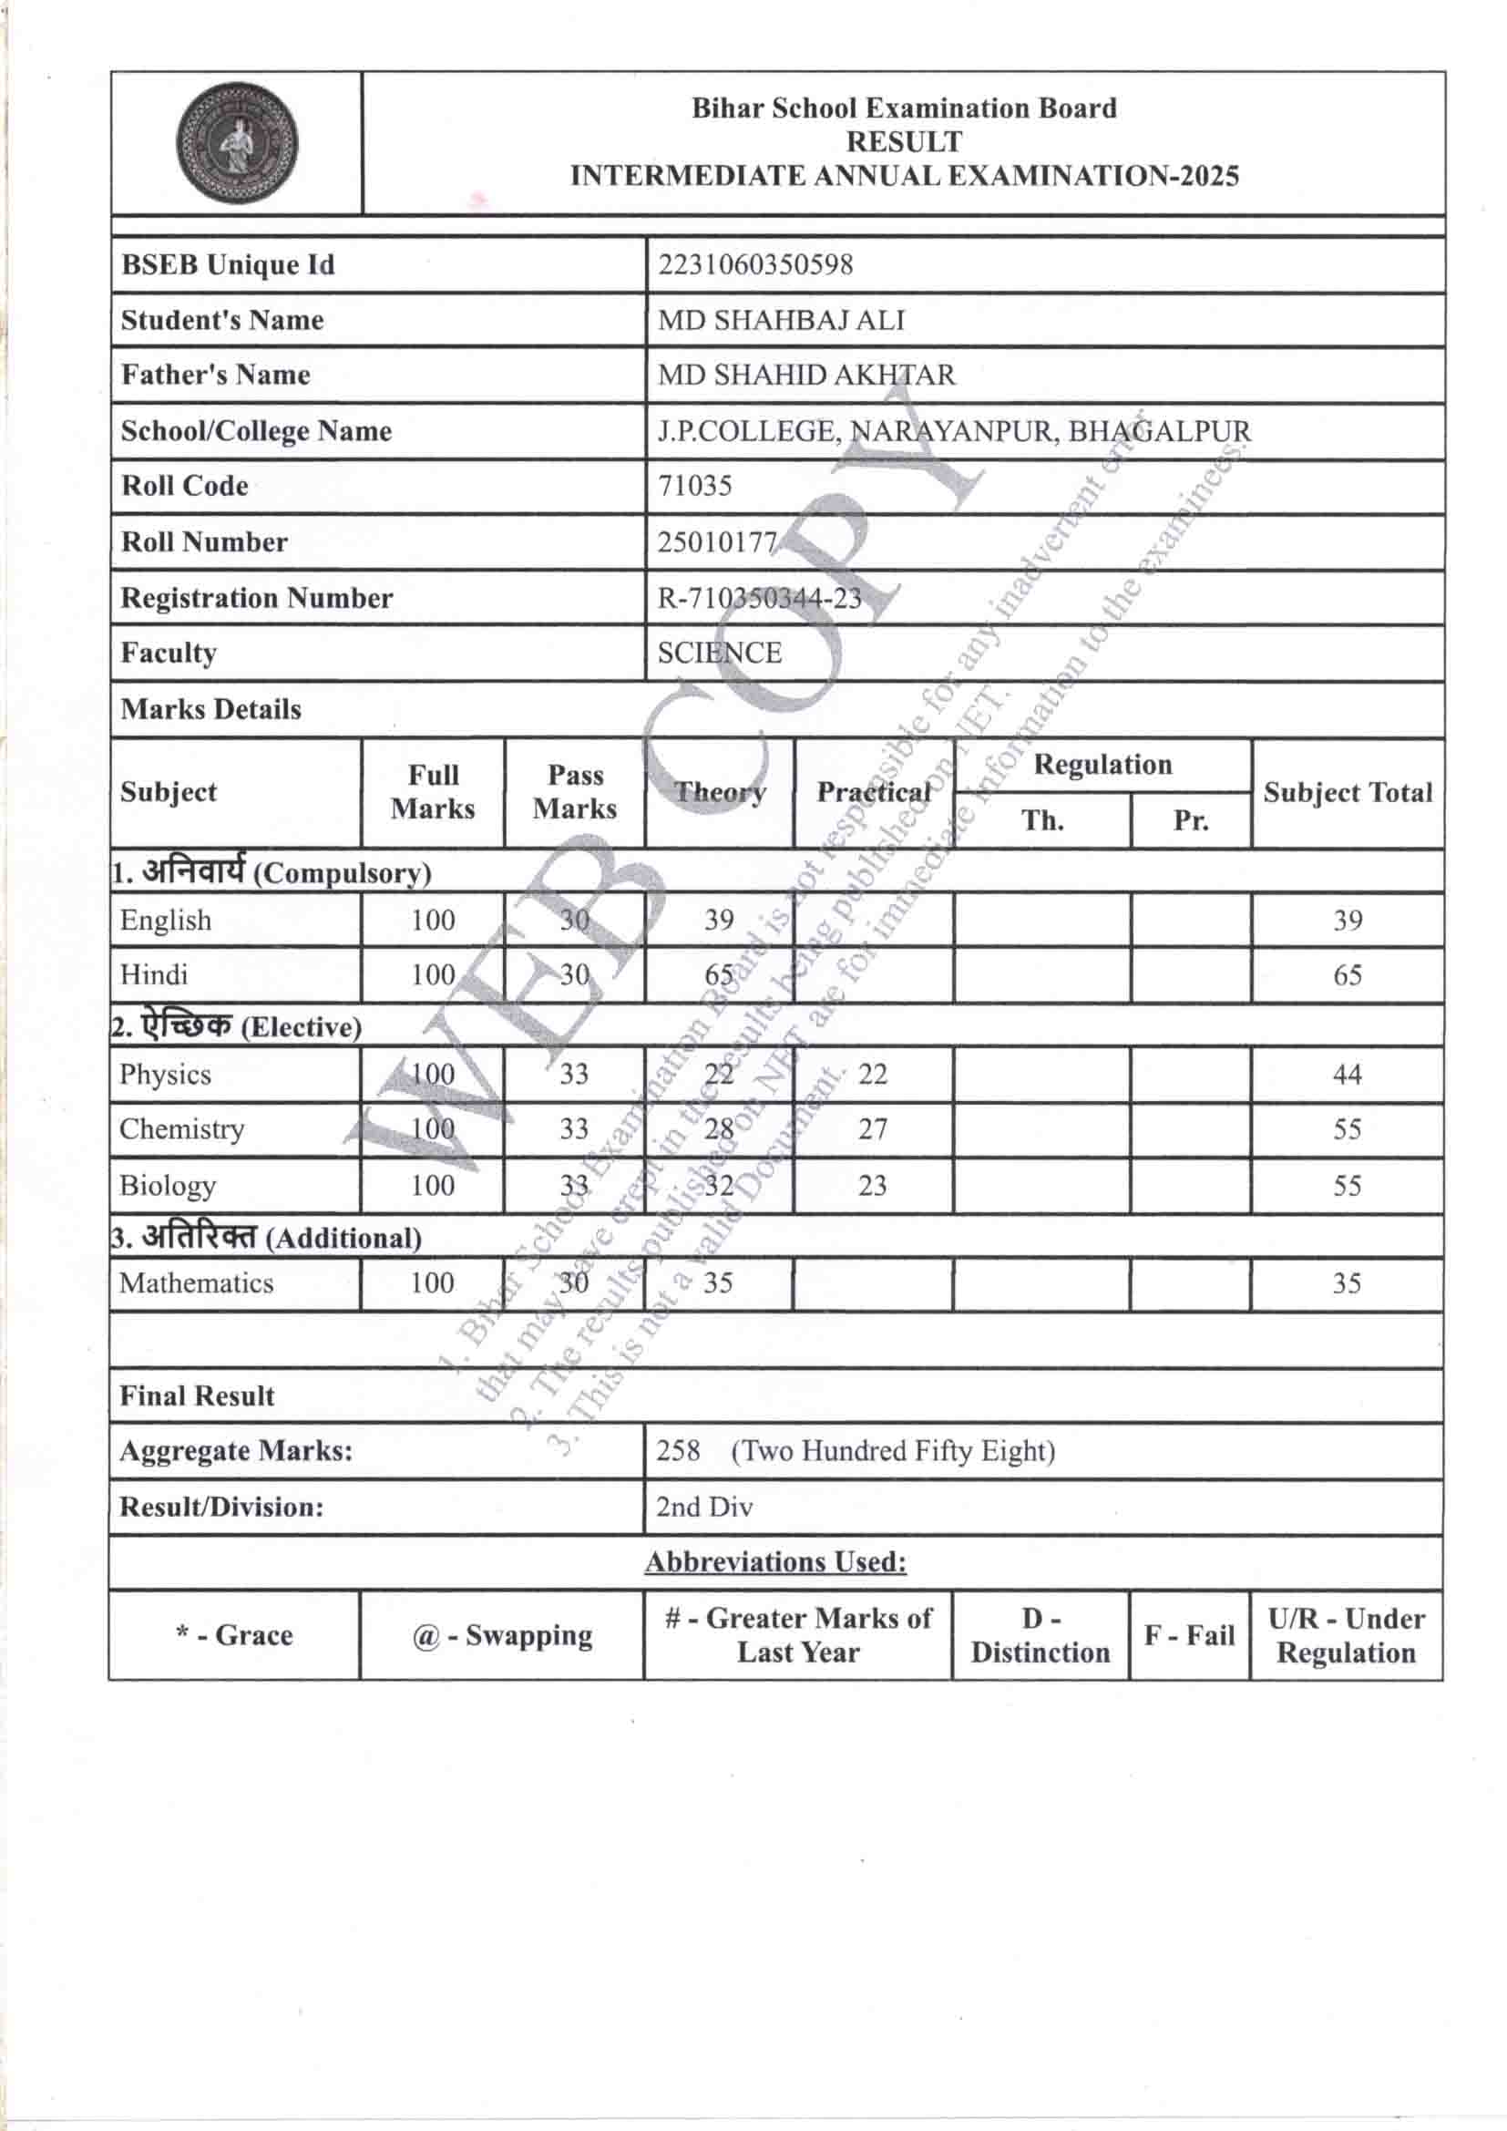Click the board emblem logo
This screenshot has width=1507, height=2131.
point(238,143)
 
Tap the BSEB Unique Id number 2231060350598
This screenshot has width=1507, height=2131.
point(754,264)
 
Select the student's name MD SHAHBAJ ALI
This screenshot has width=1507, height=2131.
point(781,320)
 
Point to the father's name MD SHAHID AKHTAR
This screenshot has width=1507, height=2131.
point(805,375)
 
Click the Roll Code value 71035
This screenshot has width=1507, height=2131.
point(694,486)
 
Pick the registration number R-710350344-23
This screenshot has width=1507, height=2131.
point(759,598)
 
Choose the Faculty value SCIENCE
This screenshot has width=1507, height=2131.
point(719,653)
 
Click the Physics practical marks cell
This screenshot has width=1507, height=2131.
point(872,1074)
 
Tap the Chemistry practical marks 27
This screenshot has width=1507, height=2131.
point(872,1128)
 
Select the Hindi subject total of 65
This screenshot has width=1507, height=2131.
point(1347,974)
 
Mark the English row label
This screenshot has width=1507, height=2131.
point(165,920)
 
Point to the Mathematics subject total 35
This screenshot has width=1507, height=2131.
point(1346,1282)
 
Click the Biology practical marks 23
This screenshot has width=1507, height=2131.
point(872,1185)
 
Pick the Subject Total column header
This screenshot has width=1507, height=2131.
point(1348,793)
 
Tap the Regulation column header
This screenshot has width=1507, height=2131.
point(1102,765)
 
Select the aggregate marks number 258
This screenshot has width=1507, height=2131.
point(679,1450)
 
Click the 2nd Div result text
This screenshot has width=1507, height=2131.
point(703,1507)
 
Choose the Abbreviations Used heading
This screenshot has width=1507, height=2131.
point(775,1562)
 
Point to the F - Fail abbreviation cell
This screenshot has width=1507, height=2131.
point(1189,1634)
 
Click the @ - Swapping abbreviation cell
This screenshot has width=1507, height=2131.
point(501,1634)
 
